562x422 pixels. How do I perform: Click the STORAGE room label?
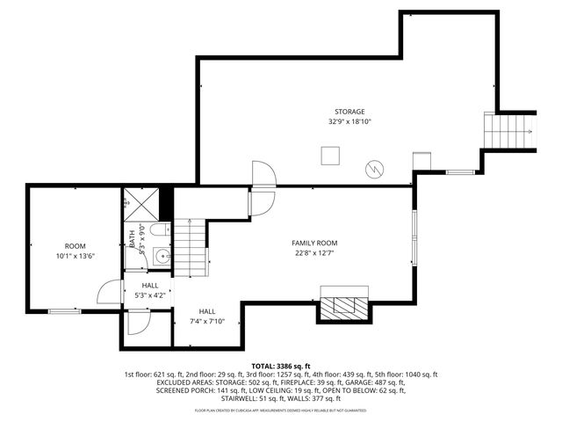[349, 112]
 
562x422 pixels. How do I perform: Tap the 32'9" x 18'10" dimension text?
[349, 122]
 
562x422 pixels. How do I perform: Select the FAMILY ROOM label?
[313, 243]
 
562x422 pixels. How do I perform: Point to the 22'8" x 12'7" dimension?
[313, 253]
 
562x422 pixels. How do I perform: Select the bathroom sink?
[161, 257]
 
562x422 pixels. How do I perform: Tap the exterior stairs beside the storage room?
[509, 132]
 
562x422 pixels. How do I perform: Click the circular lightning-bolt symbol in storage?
[375, 167]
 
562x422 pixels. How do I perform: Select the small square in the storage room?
[330, 156]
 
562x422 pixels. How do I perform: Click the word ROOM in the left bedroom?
[75, 245]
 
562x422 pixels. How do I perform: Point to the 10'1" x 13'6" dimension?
[75, 256]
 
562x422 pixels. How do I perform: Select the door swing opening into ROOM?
[108, 294]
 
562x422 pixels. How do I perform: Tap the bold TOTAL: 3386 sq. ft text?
[280, 366]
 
